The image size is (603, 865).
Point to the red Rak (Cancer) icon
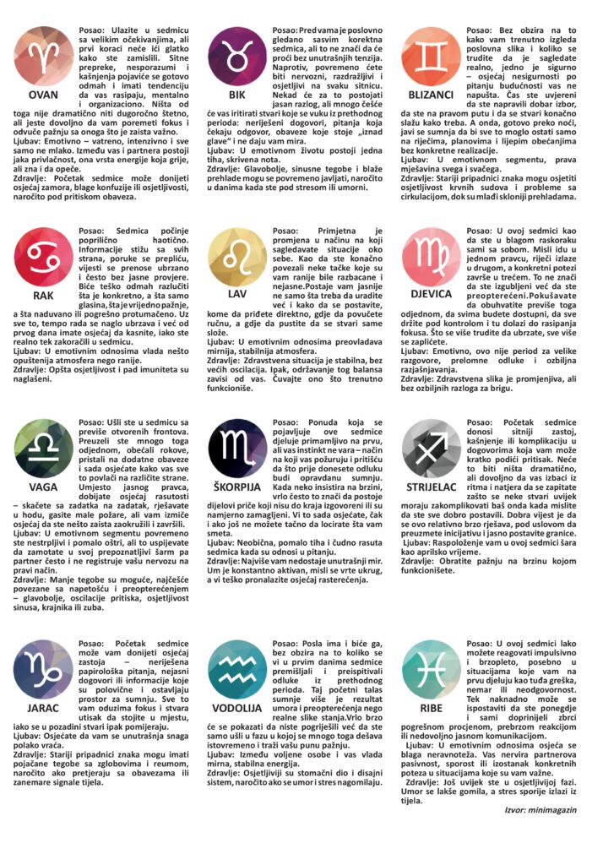click(43, 257)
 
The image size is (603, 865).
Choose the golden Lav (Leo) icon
click(237, 257)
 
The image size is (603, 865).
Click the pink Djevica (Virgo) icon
click(432, 257)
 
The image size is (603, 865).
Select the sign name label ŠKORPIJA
click(237, 487)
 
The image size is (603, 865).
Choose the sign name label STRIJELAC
click(432, 487)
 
